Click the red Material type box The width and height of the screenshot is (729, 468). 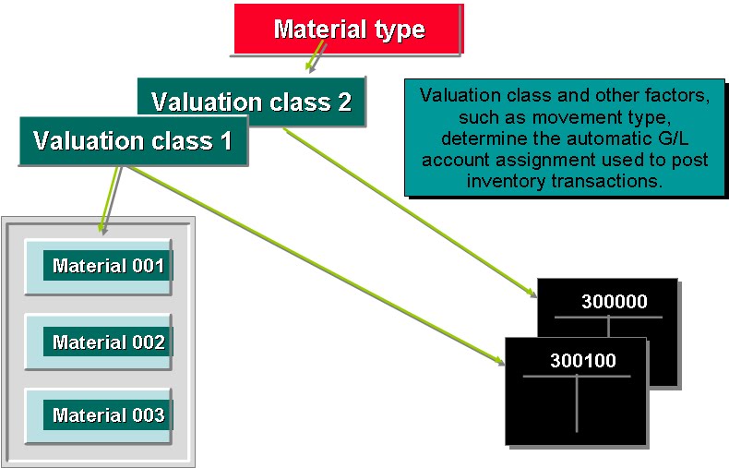(348, 29)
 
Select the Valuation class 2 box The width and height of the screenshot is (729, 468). (251, 102)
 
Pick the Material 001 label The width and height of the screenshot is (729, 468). (108, 266)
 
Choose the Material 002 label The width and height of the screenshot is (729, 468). (108, 342)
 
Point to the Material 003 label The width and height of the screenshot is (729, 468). (108, 414)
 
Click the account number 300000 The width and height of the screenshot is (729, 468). (614, 302)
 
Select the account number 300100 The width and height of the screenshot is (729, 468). (582, 361)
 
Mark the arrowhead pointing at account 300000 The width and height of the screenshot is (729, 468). (532, 294)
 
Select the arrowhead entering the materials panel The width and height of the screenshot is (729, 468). (102, 225)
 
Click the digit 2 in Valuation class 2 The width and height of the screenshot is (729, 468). (343, 102)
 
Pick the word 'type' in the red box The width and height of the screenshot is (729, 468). (397, 29)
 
